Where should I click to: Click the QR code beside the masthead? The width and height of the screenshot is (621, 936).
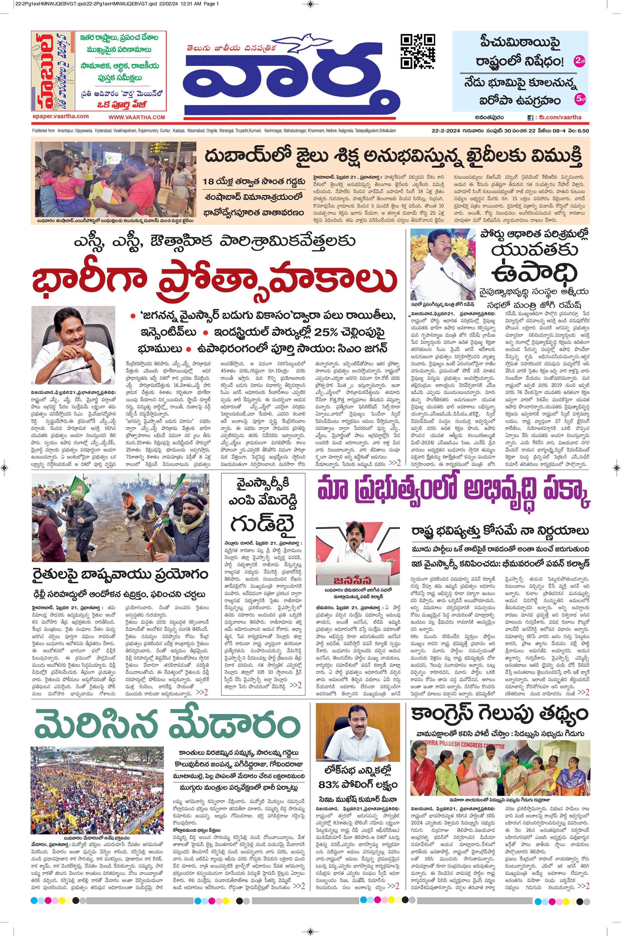tap(418, 52)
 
